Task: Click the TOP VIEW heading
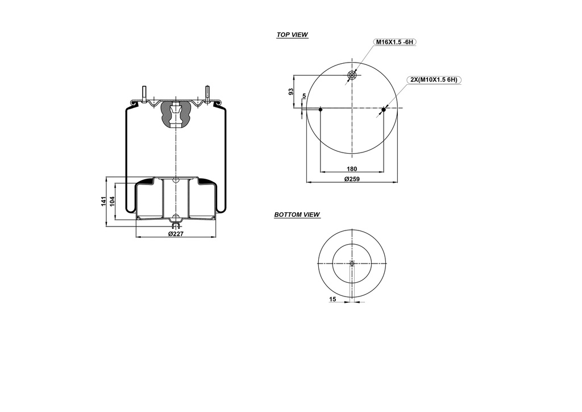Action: pos(292,35)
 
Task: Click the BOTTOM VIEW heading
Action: pos(297,215)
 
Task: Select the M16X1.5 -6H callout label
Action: pos(394,42)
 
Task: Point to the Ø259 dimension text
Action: pos(352,179)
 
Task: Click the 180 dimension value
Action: pos(352,168)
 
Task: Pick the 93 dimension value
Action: pos(291,92)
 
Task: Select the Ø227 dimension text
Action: pos(176,233)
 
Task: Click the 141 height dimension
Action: pos(104,201)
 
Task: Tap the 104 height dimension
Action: pos(113,200)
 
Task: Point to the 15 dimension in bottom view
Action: pos(332,299)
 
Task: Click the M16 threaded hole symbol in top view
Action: pos(352,75)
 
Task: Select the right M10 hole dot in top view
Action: pos(383,109)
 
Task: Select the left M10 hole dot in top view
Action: pos(321,109)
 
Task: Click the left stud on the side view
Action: pos(144,93)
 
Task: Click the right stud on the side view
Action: pos(207,93)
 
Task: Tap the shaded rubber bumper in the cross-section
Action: pos(176,114)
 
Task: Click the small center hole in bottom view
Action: pos(352,263)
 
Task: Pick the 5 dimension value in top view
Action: pos(304,96)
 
